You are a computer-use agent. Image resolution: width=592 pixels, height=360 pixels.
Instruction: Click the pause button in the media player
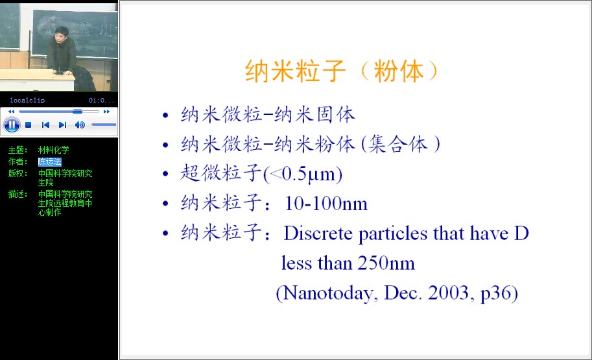[x=12, y=125]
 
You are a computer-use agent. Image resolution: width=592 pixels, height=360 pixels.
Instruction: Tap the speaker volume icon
[x=80, y=125]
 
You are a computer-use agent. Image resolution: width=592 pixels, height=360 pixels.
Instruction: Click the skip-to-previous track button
[x=45, y=125]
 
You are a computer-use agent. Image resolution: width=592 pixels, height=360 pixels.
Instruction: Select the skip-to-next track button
[x=63, y=125]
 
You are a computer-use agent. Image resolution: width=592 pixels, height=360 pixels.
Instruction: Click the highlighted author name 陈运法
[x=49, y=162]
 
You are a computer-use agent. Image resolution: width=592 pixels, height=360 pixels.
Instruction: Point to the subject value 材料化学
[x=54, y=150]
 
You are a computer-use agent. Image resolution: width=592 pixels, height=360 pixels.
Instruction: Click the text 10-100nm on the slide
[x=326, y=204]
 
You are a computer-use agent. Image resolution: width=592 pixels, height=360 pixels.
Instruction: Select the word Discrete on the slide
[x=318, y=233]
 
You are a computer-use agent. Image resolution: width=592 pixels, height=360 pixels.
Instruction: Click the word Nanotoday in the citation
[x=329, y=293]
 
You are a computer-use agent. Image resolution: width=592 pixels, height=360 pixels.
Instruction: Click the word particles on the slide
[x=393, y=234]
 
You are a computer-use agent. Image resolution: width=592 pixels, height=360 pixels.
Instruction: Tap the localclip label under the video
[x=27, y=100]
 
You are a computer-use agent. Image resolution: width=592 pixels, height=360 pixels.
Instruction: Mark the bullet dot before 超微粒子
[x=165, y=174]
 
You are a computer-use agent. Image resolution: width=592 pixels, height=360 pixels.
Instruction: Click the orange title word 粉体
[x=399, y=71]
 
